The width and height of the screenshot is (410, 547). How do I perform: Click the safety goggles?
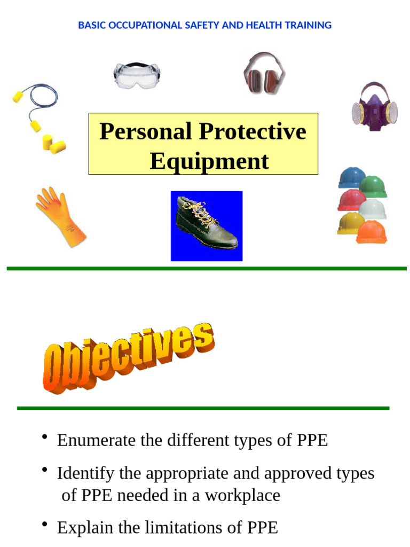click(x=137, y=74)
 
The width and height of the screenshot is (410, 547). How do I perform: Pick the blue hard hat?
click(x=351, y=177)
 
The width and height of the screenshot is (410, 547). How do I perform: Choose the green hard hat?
click(x=373, y=186)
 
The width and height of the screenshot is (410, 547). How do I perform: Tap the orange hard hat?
click(x=372, y=232)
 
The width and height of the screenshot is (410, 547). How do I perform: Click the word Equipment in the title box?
click(x=209, y=161)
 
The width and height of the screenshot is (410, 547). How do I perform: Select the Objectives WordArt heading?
click(x=128, y=358)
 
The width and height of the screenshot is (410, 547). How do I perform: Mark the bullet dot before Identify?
click(x=45, y=471)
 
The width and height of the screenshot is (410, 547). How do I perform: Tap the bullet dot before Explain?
click(x=45, y=525)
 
